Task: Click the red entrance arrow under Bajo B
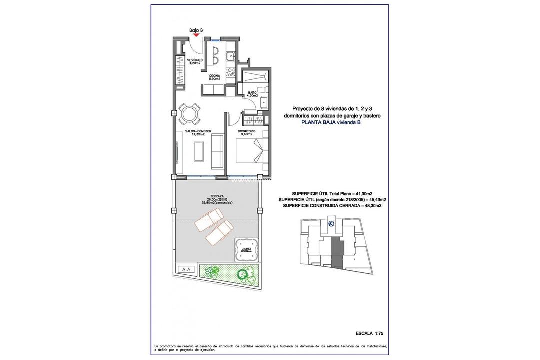coord(196,35)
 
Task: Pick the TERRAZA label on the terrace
coord(217,197)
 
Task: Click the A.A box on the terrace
coord(187,269)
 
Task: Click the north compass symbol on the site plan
coord(331,224)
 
